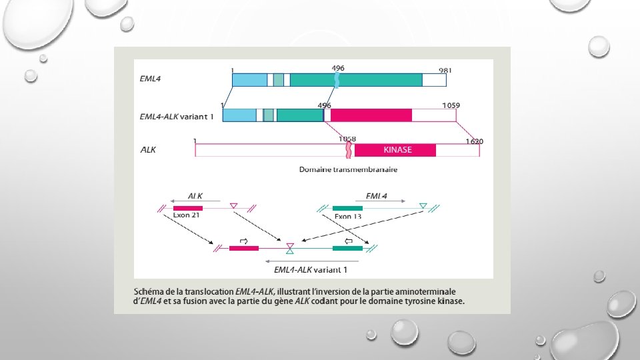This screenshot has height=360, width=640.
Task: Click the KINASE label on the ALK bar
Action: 397,150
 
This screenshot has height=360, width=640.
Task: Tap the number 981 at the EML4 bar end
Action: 446,70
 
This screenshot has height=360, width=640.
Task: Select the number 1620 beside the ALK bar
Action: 475,141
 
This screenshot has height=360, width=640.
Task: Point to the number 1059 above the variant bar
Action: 451,105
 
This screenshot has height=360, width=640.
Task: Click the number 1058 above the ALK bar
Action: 347,139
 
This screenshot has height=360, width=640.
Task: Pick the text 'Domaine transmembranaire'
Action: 348,169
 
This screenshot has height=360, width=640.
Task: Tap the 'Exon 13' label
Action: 348,216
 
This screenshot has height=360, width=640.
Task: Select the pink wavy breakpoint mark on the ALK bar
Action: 348,150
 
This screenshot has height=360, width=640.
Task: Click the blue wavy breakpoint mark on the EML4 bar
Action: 337,80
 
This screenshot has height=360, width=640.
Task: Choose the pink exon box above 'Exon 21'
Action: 187,208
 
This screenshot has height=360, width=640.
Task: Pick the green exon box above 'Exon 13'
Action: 347,208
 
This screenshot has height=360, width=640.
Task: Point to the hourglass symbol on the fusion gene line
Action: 289,249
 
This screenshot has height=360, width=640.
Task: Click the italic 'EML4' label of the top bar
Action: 150,79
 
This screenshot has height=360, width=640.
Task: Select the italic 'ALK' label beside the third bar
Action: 148,150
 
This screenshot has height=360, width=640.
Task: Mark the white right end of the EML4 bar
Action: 434,80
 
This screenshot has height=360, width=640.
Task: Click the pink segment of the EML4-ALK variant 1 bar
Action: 371,115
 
